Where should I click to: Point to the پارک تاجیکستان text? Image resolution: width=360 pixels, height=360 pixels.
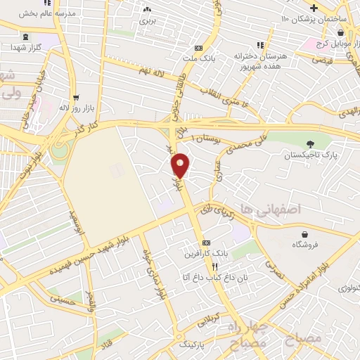point(310,154)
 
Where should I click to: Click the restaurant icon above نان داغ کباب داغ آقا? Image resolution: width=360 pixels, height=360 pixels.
point(215,266)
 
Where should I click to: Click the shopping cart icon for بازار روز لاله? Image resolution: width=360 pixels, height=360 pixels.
point(76,98)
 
